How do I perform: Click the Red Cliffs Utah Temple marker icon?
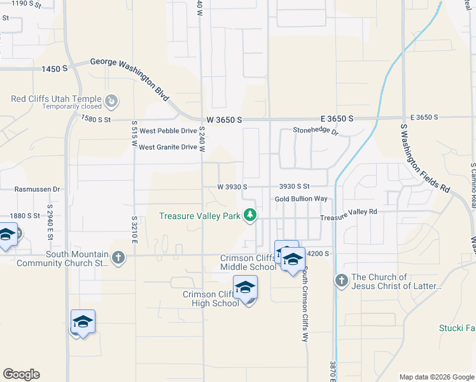pyautogui.click(x=111, y=100)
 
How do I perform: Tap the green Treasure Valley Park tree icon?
pyautogui.click(x=250, y=215)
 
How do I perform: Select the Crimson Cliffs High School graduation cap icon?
pyautogui.click(x=245, y=288)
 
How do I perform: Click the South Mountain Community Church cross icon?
pyautogui.click(x=118, y=258)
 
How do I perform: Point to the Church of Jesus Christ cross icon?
pyautogui.click(x=341, y=280)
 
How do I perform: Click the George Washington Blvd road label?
pyautogui.click(x=130, y=78)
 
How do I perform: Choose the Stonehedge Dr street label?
pyautogui.click(x=316, y=131)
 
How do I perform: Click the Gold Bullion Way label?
pyautogui.click(x=301, y=199)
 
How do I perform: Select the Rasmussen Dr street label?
pyautogui.click(x=38, y=189)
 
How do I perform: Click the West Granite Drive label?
pyautogui.click(x=168, y=147)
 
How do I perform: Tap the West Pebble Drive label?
pyautogui.click(x=168, y=131)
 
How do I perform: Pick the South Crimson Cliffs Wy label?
pyautogui.click(x=305, y=302)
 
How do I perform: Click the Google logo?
pyautogui.click(x=21, y=374)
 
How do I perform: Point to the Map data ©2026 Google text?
pyautogui.click(x=436, y=377)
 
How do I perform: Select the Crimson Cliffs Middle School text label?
pyautogui.click(x=248, y=262)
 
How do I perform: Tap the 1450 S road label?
pyautogui.click(x=55, y=68)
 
